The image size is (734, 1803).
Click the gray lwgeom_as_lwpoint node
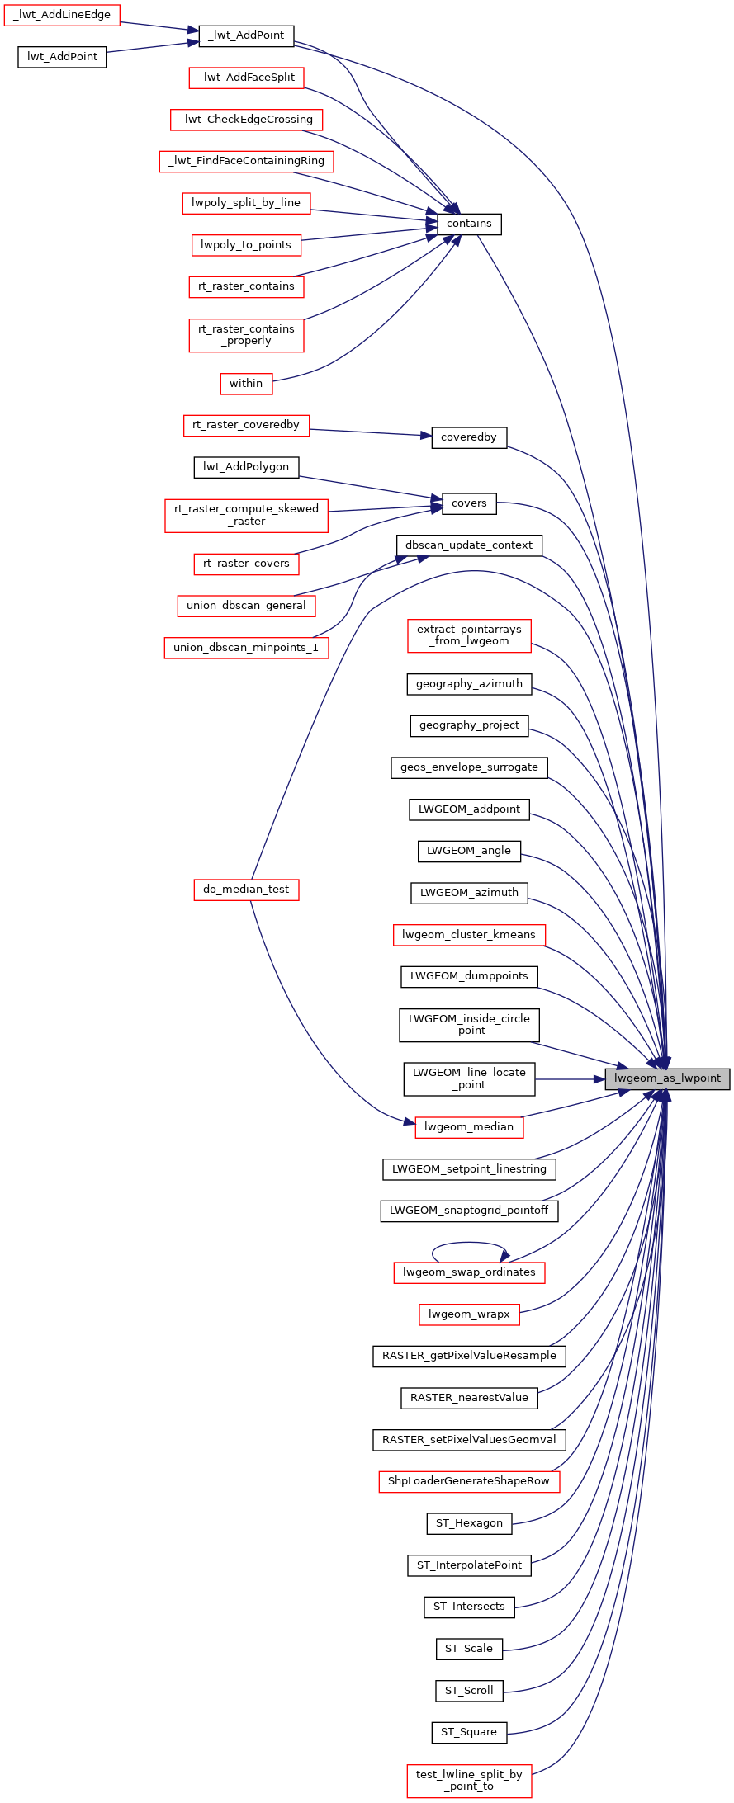tap(667, 1078)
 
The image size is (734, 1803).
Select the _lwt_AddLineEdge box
tap(62, 15)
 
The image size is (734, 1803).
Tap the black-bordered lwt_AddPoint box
tap(62, 57)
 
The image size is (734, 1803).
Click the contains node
tap(469, 224)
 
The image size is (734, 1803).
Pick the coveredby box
tap(469, 437)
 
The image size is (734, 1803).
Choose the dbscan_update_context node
tap(469, 545)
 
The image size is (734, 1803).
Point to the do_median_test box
tap(246, 890)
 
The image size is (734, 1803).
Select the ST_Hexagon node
tap(469, 1523)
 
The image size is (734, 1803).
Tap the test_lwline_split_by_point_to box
tap(469, 1781)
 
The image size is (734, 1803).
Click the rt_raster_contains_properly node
tap(246, 335)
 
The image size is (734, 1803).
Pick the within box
tap(246, 384)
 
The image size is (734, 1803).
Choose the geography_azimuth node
tap(469, 684)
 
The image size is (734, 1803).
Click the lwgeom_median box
tap(469, 1127)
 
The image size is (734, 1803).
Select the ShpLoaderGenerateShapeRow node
tap(469, 1481)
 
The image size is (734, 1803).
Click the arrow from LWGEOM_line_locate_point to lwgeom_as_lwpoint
tap(570, 1078)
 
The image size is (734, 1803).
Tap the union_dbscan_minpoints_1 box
tap(246, 648)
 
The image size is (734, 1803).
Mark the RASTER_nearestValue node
tap(469, 1398)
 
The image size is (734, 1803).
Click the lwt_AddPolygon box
tap(246, 467)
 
